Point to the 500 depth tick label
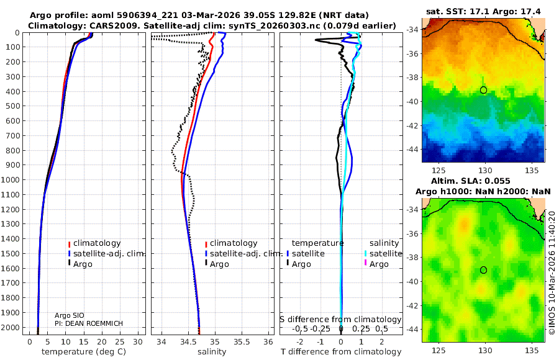(x=11, y=106)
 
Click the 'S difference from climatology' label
(x=340, y=320)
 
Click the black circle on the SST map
(x=483, y=90)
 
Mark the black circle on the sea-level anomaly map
(x=483, y=270)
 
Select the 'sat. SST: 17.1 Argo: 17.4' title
(x=483, y=12)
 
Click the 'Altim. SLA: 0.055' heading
(x=483, y=179)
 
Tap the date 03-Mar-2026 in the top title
(x=217, y=14)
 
